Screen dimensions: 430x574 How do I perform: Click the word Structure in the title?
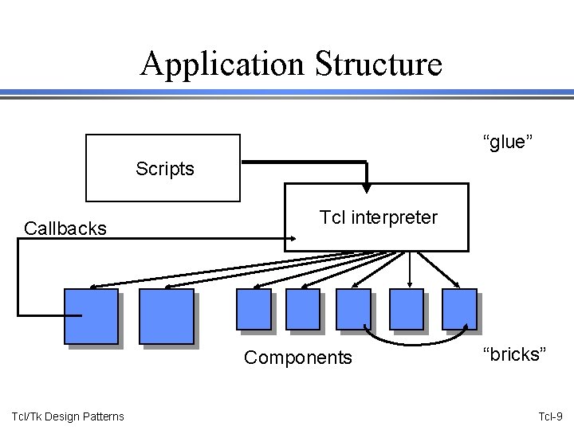[x=378, y=64]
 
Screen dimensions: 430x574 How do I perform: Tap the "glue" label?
[x=507, y=142]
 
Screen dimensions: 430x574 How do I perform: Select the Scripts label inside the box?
[x=164, y=169]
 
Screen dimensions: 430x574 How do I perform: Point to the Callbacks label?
[x=65, y=229]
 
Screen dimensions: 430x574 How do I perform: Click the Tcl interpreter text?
[x=378, y=217]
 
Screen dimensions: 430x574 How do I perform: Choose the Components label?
[x=297, y=358]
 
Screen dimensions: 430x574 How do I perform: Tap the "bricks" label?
[x=514, y=354]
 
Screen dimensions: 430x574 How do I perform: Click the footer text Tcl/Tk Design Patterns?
[x=68, y=416]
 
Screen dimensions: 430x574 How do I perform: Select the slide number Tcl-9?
[x=551, y=416]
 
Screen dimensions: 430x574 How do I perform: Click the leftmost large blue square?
[x=92, y=316]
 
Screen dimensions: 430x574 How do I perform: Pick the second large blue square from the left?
[x=166, y=316]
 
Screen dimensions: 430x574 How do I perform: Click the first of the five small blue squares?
[x=254, y=309]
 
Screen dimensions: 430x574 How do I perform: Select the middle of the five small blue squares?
[x=353, y=309]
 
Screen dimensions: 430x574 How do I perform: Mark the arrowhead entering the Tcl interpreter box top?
[x=366, y=188]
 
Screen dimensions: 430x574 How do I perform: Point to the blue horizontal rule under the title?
[x=287, y=93]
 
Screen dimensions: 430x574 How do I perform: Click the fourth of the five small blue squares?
[x=407, y=309]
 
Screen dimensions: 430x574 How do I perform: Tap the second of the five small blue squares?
[x=302, y=309]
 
